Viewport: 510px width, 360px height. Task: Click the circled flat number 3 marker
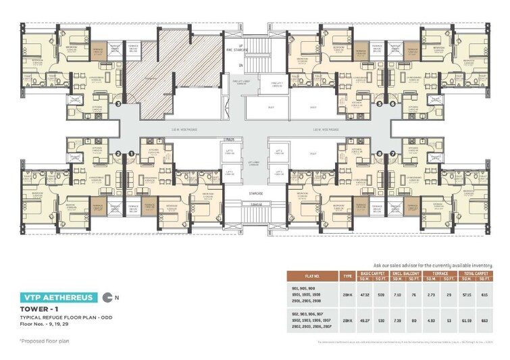[118, 104]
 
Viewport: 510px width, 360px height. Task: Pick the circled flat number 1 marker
[131, 154]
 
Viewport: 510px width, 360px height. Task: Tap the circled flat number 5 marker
[379, 104]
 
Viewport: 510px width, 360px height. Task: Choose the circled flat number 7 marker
[392, 154]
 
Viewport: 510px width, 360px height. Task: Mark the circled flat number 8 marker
[379, 154]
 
